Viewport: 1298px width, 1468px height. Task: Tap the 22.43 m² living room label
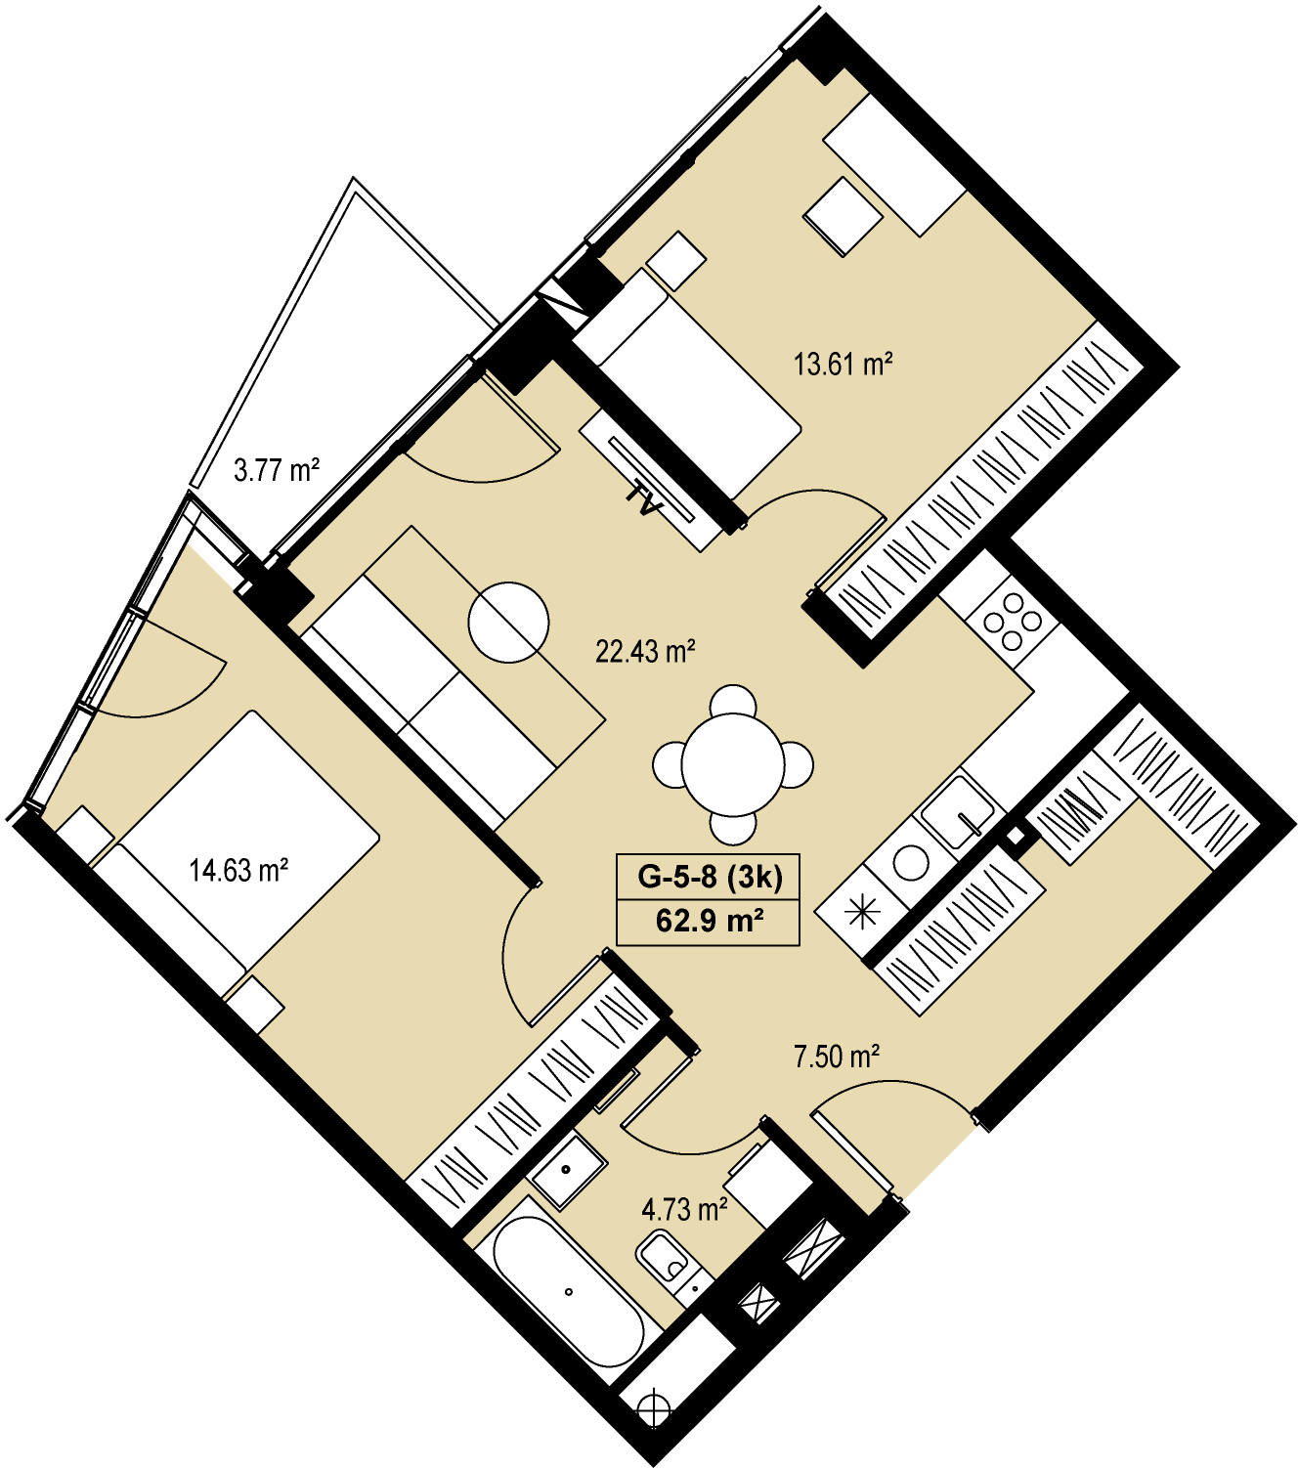pos(646,652)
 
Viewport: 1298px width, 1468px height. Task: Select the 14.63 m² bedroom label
pos(239,870)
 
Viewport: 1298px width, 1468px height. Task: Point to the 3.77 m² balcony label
pos(277,471)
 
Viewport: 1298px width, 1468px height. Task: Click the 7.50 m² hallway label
pos(837,1058)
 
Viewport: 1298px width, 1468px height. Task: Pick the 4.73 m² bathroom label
pos(685,1209)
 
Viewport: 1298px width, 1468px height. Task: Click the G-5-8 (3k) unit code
pos(710,879)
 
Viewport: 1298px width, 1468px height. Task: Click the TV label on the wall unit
pos(644,497)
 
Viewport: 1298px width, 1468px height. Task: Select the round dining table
pos(733,765)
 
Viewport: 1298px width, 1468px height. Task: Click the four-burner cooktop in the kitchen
pos(1014,622)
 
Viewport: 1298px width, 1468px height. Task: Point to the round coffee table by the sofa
pos(508,622)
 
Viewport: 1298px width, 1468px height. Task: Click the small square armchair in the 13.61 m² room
pos(843,216)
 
